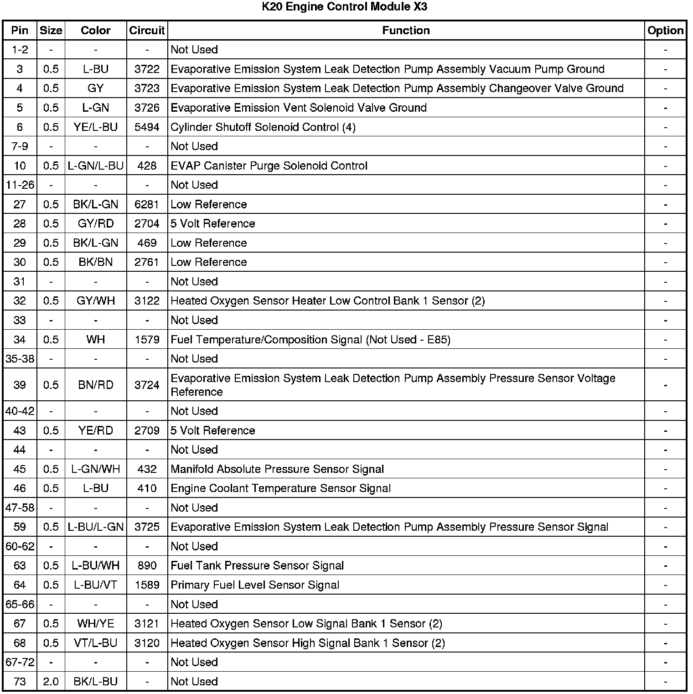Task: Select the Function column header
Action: coord(406,31)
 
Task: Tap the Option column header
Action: coord(665,31)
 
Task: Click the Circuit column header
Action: coord(147,31)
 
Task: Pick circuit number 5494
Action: coord(147,127)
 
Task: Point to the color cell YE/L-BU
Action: coord(96,127)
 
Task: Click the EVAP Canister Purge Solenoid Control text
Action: coord(269,166)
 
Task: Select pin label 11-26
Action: coord(20,185)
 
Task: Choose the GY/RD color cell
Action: coord(96,224)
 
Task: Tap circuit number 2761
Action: coord(147,262)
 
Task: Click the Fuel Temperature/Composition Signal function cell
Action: coord(310,340)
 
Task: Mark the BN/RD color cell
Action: coord(96,385)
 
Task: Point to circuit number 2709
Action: coord(147,431)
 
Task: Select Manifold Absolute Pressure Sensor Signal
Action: coord(277,469)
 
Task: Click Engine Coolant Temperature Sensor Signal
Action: coord(280,489)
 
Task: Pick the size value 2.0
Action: coord(51,682)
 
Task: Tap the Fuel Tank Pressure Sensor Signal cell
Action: coord(257,566)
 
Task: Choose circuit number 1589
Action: coord(147,585)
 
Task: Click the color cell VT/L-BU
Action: coord(96,643)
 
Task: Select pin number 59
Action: coord(20,527)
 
